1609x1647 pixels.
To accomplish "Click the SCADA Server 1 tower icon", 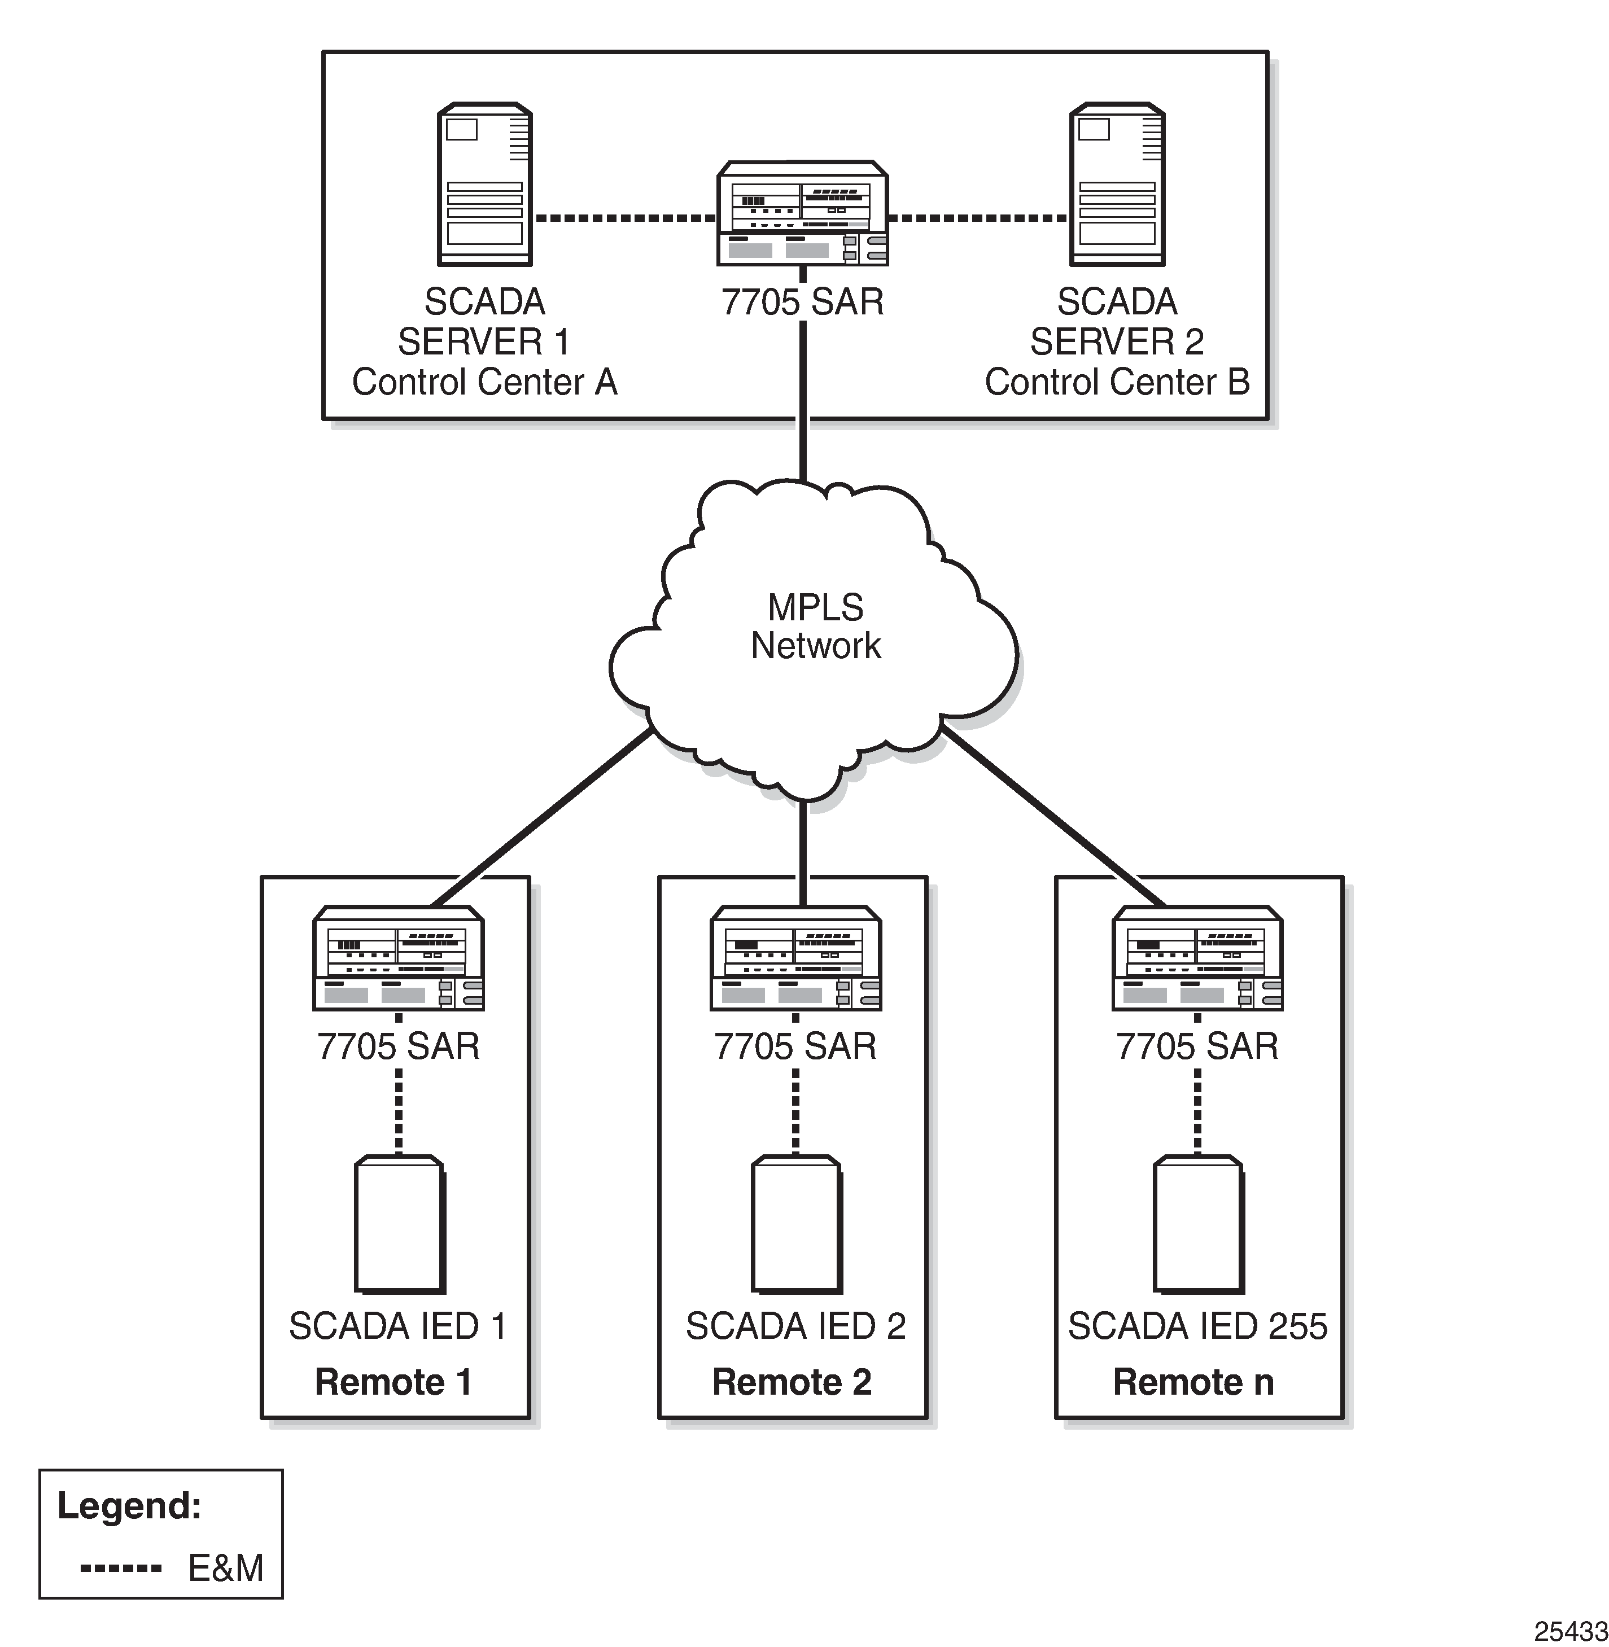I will click(484, 184).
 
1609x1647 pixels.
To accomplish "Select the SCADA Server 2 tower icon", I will click(1117, 184).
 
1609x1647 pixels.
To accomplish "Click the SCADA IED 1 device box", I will click(400, 1224).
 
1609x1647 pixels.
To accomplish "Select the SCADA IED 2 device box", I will click(796, 1224).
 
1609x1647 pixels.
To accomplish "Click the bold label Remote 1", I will click(393, 1382).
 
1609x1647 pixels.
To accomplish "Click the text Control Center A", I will click(484, 382).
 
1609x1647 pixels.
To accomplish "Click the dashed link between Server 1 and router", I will click(626, 218).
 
